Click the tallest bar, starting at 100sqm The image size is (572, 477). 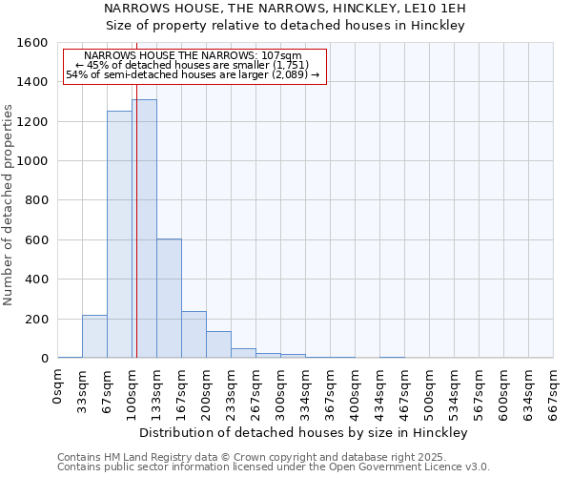coord(145,229)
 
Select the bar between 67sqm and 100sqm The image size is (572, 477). coord(119,235)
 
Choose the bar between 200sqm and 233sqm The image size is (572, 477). coord(218,344)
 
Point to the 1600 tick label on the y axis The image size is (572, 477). coord(31,43)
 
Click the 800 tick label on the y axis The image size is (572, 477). coord(35,200)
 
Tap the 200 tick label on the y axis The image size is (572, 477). coord(35,319)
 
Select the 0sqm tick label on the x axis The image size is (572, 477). coord(58,387)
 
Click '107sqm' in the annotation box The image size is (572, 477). coord(283,55)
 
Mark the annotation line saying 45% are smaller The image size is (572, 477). coord(194,65)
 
